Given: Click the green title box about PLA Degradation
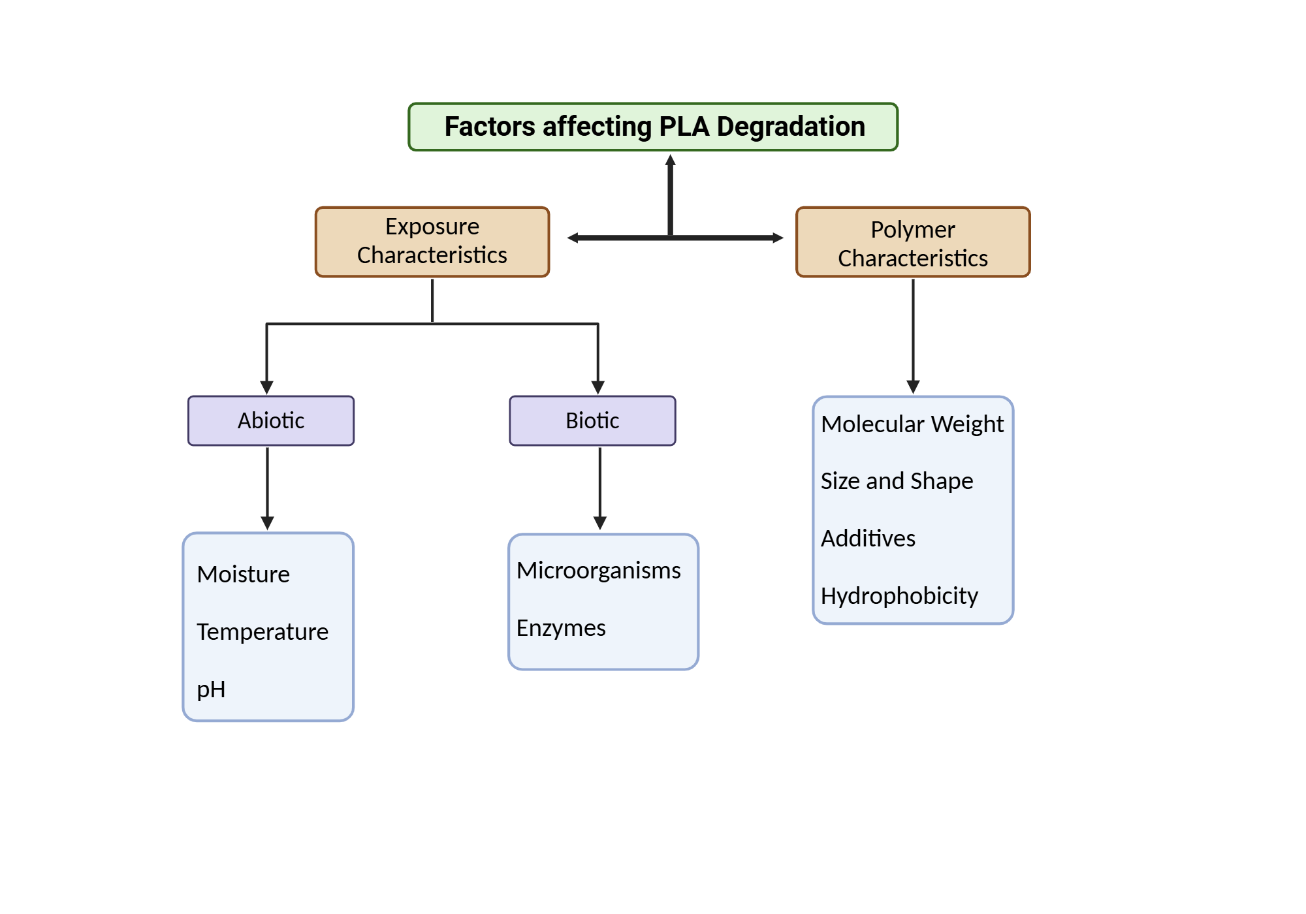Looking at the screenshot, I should [653, 127].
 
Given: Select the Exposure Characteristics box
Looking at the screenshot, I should [432, 242].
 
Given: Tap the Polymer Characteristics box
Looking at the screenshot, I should [913, 242].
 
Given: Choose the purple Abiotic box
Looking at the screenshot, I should [271, 420].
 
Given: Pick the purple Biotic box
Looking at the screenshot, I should [592, 420].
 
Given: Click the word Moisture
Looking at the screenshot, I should [243, 575].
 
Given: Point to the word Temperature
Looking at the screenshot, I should [263, 632].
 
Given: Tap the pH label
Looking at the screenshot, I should [211, 689].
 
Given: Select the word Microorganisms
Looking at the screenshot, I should [598, 571].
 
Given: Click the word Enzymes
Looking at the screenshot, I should [561, 628].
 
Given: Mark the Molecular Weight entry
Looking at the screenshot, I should [912, 424].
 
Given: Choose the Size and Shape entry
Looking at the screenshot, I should [897, 481].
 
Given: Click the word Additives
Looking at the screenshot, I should [868, 539].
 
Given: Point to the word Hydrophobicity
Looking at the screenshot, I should [899, 596].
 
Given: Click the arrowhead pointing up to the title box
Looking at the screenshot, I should [670, 161].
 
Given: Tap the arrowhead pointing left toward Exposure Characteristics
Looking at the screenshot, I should [573, 238].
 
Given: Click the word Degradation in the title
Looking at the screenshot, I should [791, 127].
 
